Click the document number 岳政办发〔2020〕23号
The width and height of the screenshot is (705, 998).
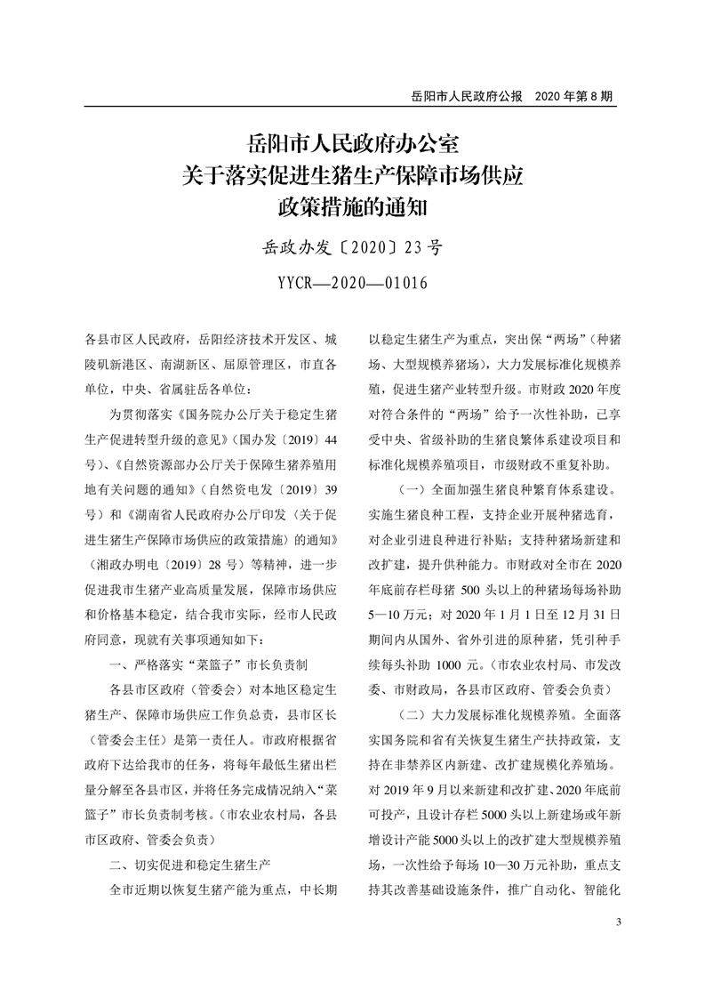point(352,246)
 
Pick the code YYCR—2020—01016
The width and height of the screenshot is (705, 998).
point(352,284)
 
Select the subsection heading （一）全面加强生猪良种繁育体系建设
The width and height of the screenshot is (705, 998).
point(507,490)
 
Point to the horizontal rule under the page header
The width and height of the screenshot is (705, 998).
point(352,107)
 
